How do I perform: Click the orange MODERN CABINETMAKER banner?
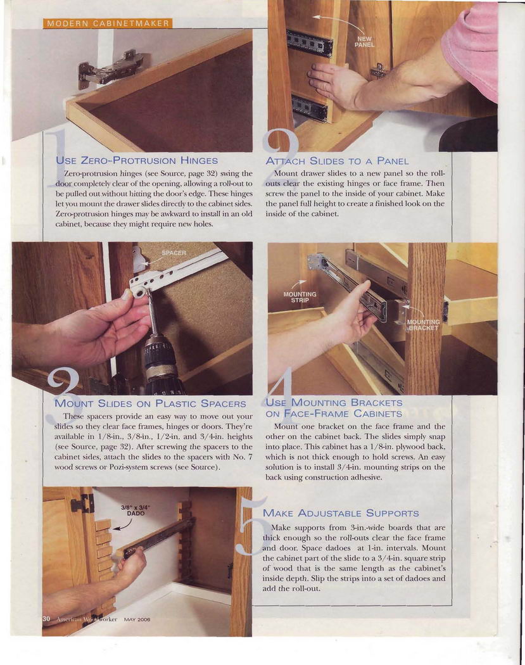coord(108,23)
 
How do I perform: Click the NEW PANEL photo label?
coord(365,42)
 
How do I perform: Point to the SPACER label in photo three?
coord(174,253)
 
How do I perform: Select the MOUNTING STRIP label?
coord(300,297)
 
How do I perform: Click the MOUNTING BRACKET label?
coord(423,325)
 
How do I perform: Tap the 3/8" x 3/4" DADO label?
coord(136,510)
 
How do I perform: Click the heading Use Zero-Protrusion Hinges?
coord(137,161)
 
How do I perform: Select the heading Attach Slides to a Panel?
coord(337,161)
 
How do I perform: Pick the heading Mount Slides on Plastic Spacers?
coord(151,403)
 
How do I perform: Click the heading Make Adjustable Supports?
coord(341,513)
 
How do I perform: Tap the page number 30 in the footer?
coord(46,619)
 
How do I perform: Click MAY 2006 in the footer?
coord(137,619)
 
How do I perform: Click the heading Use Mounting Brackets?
coord(334,408)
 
